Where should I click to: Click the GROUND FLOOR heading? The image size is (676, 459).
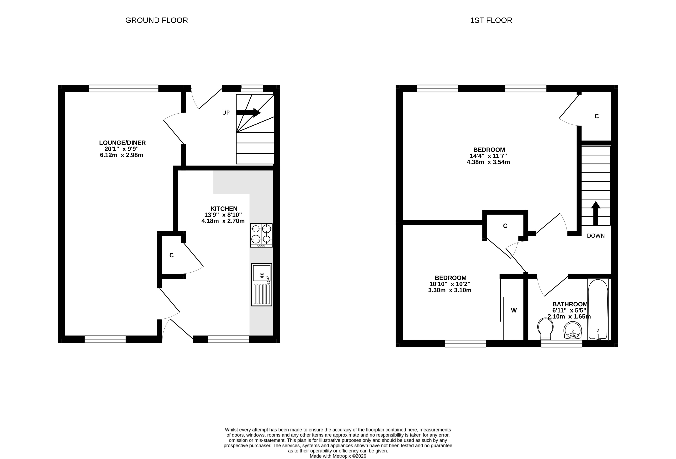pos(157,20)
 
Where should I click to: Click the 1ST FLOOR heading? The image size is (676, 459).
pos(491,20)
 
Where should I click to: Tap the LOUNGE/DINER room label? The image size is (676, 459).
pos(122,143)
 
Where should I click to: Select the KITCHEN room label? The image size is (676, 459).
pos(224,209)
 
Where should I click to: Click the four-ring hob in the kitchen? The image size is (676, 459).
pos(261,235)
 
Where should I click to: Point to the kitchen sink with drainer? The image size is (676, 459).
pos(262,285)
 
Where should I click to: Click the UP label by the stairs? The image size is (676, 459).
pos(226,113)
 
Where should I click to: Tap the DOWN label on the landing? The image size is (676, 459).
pos(596,236)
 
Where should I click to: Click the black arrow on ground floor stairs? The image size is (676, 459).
pos(248,113)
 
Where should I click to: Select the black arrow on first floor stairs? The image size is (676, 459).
pos(596,213)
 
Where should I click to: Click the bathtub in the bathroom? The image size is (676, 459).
pos(598,309)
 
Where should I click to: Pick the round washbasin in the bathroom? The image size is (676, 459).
pos(573,330)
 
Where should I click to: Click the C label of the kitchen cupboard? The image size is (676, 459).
pos(171,255)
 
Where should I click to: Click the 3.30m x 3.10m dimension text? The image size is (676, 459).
pos(450,290)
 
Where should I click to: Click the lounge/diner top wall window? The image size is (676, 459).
pos(124,88)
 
